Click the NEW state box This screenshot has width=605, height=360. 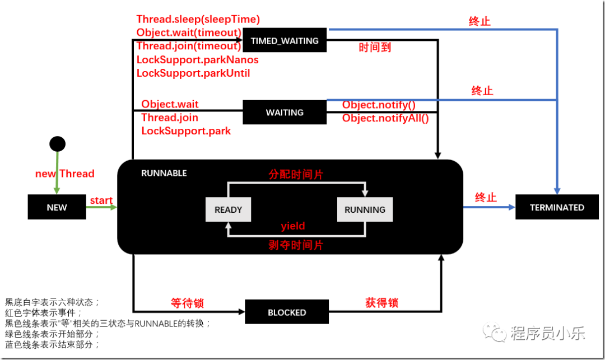click(x=57, y=207)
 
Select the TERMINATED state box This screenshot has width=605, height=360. click(x=557, y=207)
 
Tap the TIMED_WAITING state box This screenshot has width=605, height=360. click(x=285, y=41)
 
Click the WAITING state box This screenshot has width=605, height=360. click(x=285, y=113)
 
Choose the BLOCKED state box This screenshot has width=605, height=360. click(x=287, y=312)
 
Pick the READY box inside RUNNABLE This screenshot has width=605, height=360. click(x=228, y=209)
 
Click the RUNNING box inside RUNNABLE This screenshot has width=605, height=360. click(x=365, y=209)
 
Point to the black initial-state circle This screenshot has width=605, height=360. click(x=57, y=144)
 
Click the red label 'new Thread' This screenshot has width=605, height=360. click(x=65, y=174)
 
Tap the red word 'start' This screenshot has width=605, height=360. click(x=101, y=200)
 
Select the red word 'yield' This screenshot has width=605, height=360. click(x=293, y=226)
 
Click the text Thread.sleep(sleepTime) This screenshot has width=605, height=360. click(x=198, y=20)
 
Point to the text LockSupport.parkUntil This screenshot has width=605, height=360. click(x=193, y=73)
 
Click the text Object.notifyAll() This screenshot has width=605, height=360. click(x=385, y=118)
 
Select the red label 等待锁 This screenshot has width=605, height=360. click(x=187, y=303)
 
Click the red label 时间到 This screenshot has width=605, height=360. click(x=375, y=48)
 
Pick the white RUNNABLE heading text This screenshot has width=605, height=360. click(x=164, y=173)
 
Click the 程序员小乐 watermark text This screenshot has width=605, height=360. click(x=547, y=334)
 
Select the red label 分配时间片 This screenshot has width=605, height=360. click(x=296, y=174)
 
